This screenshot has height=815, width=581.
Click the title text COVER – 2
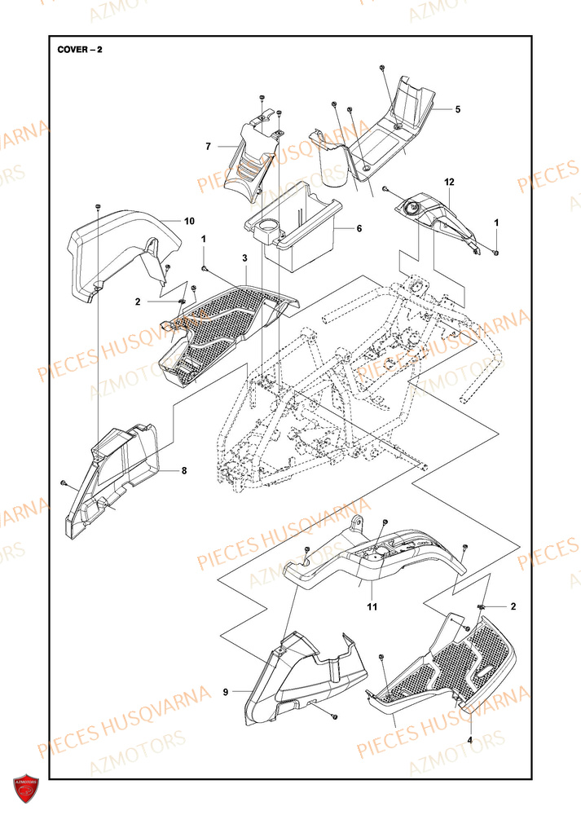click(x=80, y=49)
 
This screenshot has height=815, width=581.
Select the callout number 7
click(x=208, y=147)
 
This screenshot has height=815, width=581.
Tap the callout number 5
click(x=457, y=108)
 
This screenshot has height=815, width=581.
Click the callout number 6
click(x=358, y=229)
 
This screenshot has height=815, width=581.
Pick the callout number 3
click(x=244, y=258)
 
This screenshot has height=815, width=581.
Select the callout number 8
click(x=183, y=470)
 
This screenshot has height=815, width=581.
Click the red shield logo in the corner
click(x=25, y=789)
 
